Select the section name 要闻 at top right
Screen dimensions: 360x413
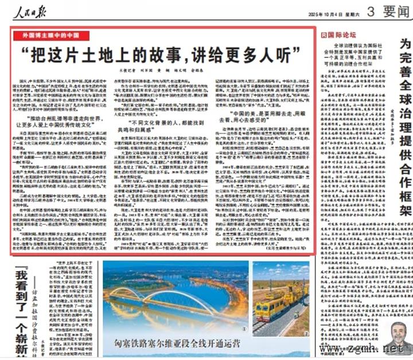pos(396,11)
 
